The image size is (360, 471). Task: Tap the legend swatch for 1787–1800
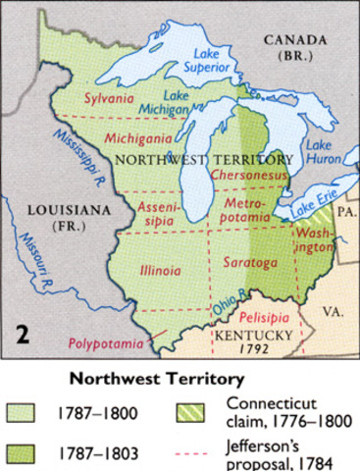point(21,415)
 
